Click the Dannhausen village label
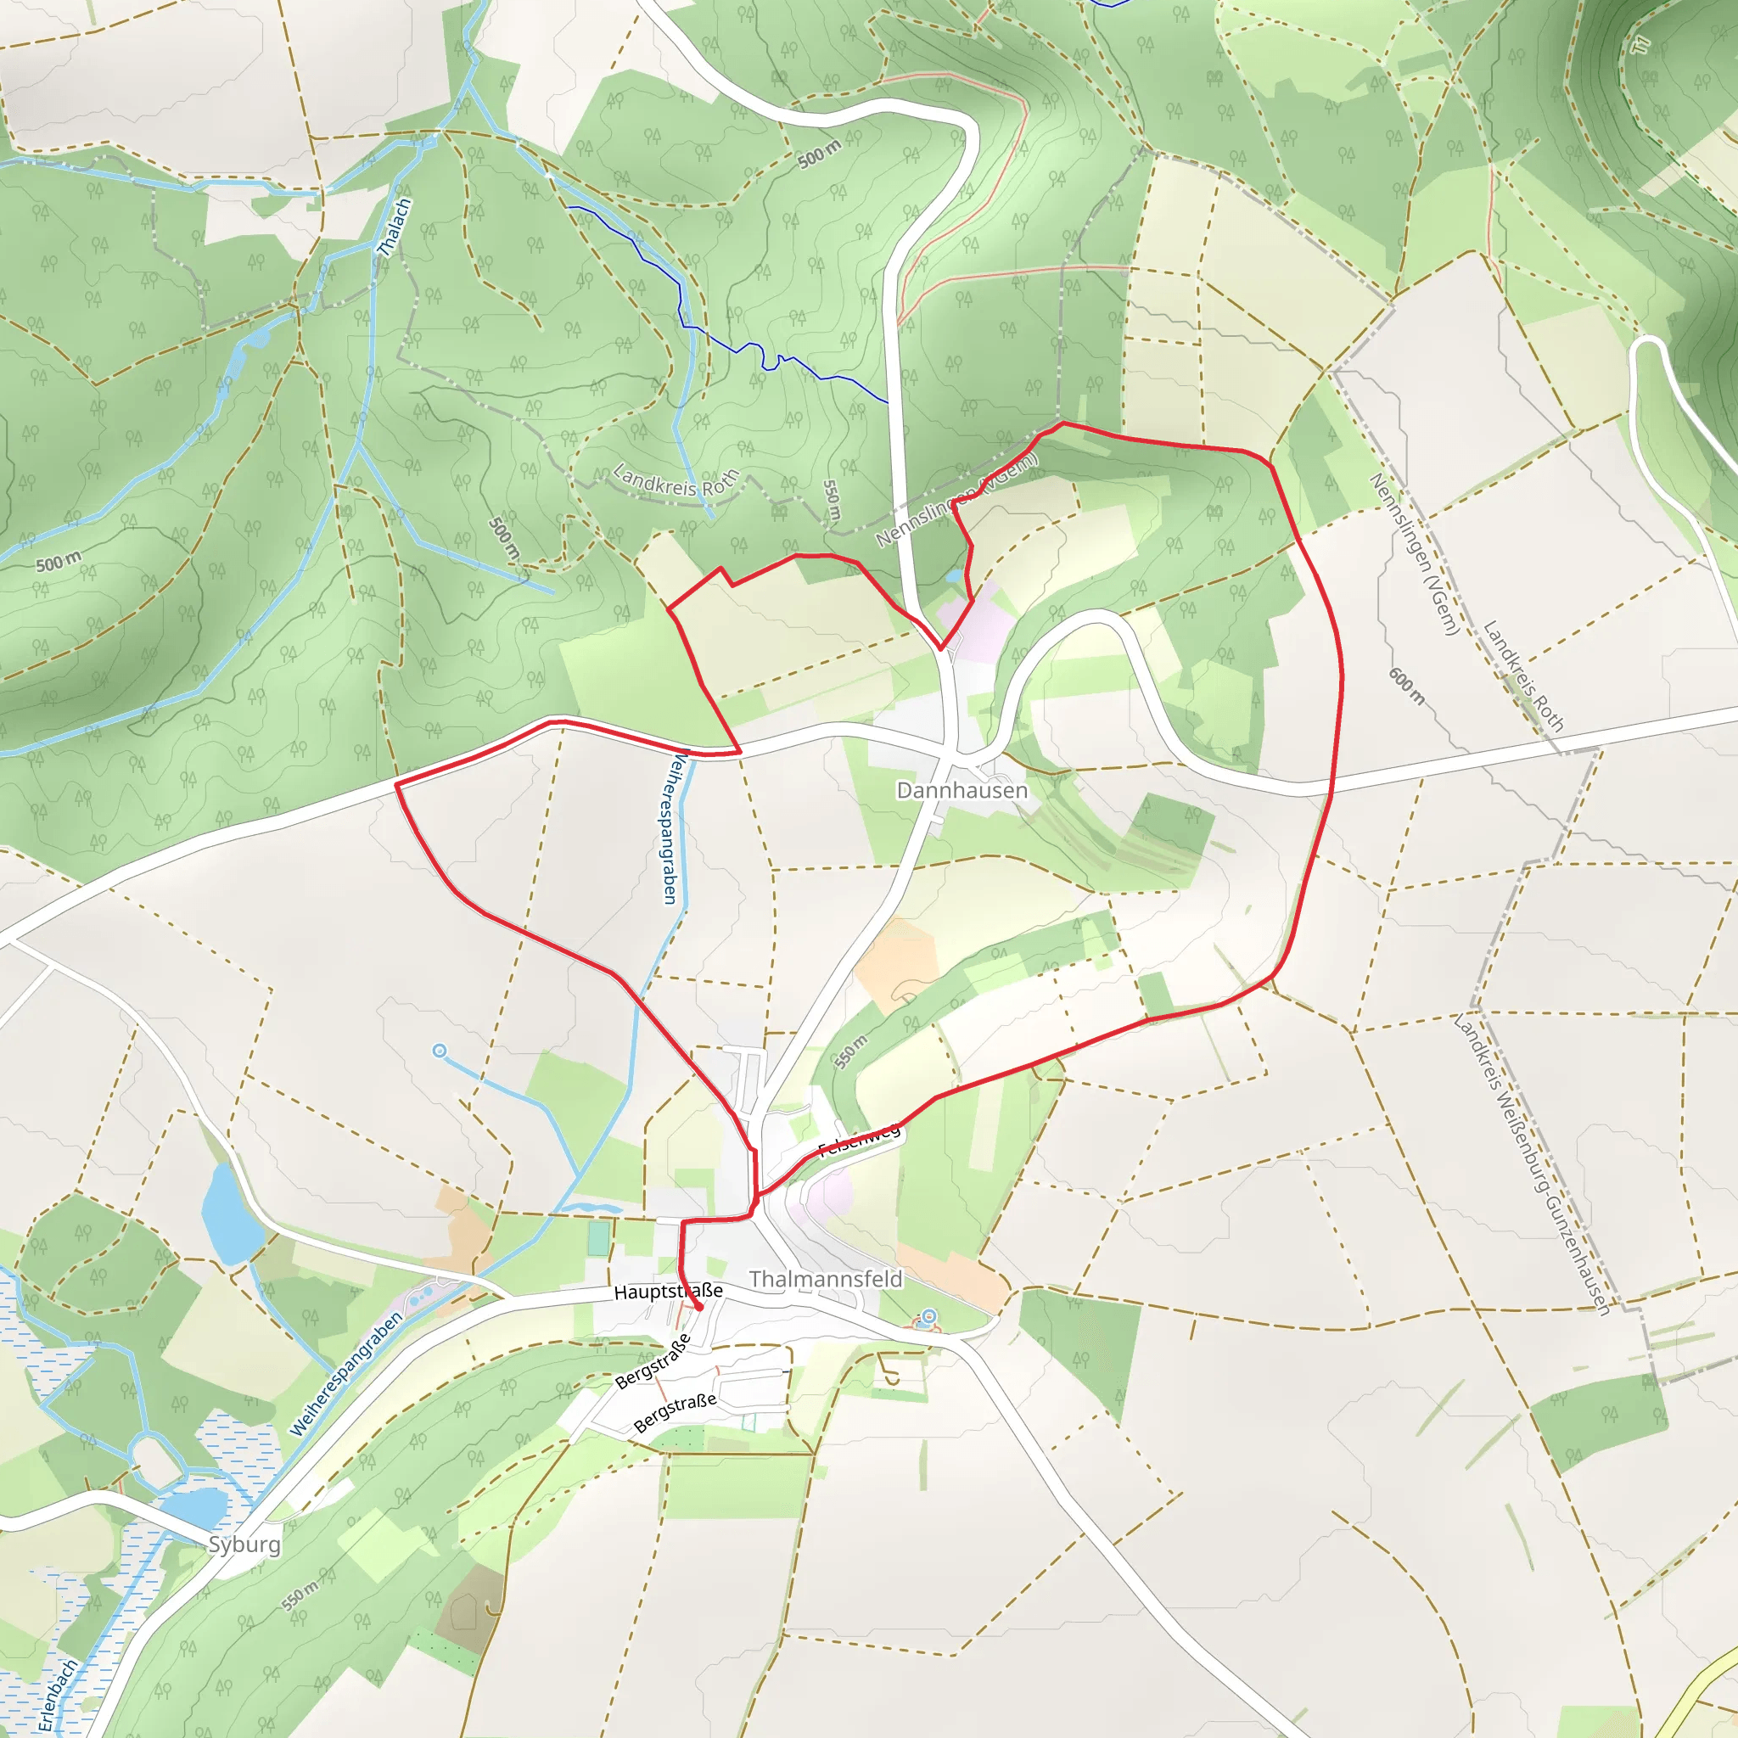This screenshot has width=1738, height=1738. tap(962, 790)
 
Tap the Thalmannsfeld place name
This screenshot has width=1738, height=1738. tap(825, 1278)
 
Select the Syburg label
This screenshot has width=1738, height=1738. tap(244, 1544)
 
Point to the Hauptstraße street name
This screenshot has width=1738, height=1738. tap(668, 1292)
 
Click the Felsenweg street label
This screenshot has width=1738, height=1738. tap(858, 1140)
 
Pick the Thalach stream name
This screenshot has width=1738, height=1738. tap(394, 227)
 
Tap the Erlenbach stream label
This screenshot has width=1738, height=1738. tap(59, 1696)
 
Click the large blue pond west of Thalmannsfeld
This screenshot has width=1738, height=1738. tap(230, 1214)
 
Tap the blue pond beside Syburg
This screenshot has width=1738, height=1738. tap(196, 1508)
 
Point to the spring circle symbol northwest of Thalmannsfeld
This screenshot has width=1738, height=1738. tap(439, 1051)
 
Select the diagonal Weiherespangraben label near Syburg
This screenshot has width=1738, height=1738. tap(345, 1376)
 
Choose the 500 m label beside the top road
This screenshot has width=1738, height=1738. tap(820, 154)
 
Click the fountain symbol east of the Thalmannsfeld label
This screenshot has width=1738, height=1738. tap(928, 1318)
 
